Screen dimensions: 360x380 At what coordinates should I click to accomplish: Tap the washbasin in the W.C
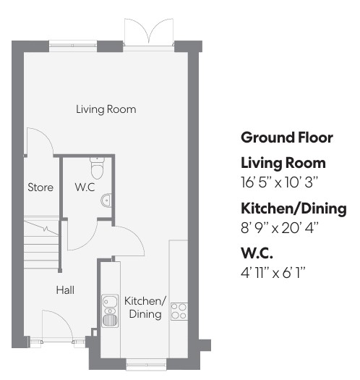[x=106, y=200]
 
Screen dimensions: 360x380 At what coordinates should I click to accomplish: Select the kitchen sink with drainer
[x=110, y=311]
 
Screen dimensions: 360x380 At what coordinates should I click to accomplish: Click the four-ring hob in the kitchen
[x=179, y=311]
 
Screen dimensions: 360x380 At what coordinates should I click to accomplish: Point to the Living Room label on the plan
[x=106, y=109]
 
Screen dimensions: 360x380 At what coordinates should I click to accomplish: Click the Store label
[x=40, y=187]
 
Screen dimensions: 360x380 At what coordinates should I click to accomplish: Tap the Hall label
[x=65, y=290]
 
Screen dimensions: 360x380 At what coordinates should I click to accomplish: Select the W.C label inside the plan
[x=85, y=187]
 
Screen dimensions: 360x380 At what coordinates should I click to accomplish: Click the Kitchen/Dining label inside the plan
[x=145, y=308]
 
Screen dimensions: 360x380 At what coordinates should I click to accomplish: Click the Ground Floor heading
[x=287, y=138]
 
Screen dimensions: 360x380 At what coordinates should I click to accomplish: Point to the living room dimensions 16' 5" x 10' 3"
[x=279, y=182]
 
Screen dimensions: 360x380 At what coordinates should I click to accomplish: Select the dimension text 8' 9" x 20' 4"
[x=279, y=228]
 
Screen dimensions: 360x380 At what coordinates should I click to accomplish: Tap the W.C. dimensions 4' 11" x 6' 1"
[x=273, y=273]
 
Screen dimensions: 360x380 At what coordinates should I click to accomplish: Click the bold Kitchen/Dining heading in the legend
[x=293, y=208]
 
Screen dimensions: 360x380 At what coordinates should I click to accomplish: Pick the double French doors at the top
[x=149, y=33]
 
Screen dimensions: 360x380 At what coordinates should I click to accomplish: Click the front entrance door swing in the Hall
[x=57, y=326]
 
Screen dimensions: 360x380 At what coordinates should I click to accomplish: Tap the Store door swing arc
[x=40, y=141]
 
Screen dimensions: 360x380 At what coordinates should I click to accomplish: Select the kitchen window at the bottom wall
[x=146, y=364]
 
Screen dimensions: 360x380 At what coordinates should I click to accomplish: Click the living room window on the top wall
[x=73, y=46]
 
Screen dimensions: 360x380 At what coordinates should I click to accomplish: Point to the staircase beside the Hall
[x=41, y=242]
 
